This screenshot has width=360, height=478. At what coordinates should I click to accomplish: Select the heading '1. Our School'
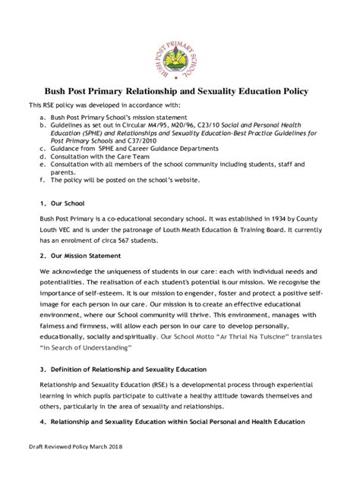click(x=57, y=203)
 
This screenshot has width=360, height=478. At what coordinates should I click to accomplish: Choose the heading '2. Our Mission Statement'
click(x=79, y=256)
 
